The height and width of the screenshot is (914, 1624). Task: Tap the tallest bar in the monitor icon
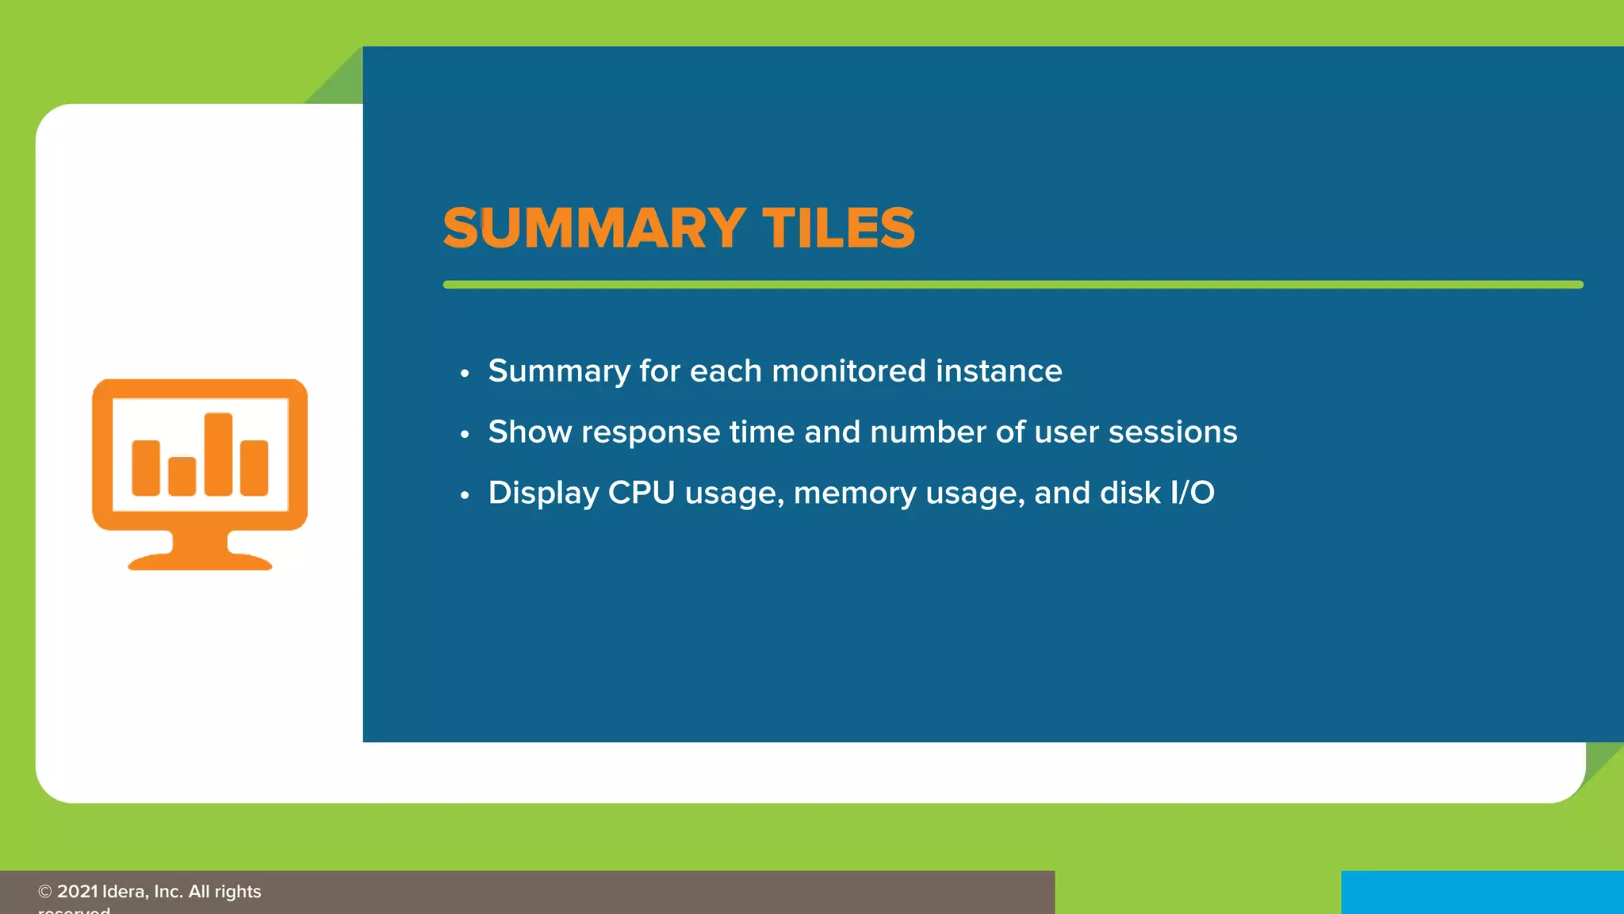[218, 454]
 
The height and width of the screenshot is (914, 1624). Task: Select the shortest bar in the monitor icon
[182, 476]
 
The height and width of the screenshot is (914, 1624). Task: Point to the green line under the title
[1013, 284]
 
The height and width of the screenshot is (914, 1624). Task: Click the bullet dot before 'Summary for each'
[465, 373]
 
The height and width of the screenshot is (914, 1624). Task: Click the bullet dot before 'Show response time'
[465, 434]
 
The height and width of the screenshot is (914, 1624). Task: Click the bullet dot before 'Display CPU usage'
[465, 495]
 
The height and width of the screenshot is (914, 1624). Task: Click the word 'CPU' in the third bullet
[641, 493]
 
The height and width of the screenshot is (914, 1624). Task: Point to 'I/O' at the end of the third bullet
[1192, 493]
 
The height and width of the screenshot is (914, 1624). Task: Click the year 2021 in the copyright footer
[77, 892]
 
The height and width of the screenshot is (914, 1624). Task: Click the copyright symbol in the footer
[45, 892]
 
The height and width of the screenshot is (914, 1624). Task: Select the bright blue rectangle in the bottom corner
[1481, 893]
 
